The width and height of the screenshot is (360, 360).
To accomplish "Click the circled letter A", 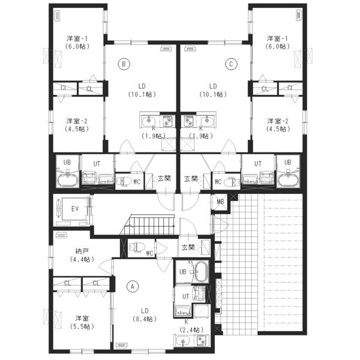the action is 133,286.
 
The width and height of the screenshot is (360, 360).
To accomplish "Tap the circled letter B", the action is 124,64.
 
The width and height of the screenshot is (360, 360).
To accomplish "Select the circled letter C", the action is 231,64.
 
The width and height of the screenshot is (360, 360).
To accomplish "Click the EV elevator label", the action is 75,209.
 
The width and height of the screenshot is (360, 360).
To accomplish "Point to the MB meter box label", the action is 220,202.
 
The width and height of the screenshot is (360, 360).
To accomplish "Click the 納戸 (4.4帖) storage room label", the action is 82,256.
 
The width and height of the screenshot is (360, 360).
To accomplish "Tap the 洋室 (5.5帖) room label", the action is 82,322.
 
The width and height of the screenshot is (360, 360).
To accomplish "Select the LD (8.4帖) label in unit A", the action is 145,315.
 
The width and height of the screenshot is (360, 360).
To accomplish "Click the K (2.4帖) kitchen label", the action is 191,326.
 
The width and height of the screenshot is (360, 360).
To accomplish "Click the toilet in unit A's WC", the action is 137,247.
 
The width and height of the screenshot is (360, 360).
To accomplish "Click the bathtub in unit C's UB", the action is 288,180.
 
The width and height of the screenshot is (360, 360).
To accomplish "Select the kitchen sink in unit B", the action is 149,121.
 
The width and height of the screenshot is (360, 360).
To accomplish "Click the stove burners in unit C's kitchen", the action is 188,121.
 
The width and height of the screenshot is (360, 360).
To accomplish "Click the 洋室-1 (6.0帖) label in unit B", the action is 77,42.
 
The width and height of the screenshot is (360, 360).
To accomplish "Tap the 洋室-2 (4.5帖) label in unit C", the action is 278,125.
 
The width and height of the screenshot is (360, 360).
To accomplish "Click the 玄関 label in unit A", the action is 188,247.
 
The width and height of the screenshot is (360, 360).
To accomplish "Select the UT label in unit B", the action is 97,164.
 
